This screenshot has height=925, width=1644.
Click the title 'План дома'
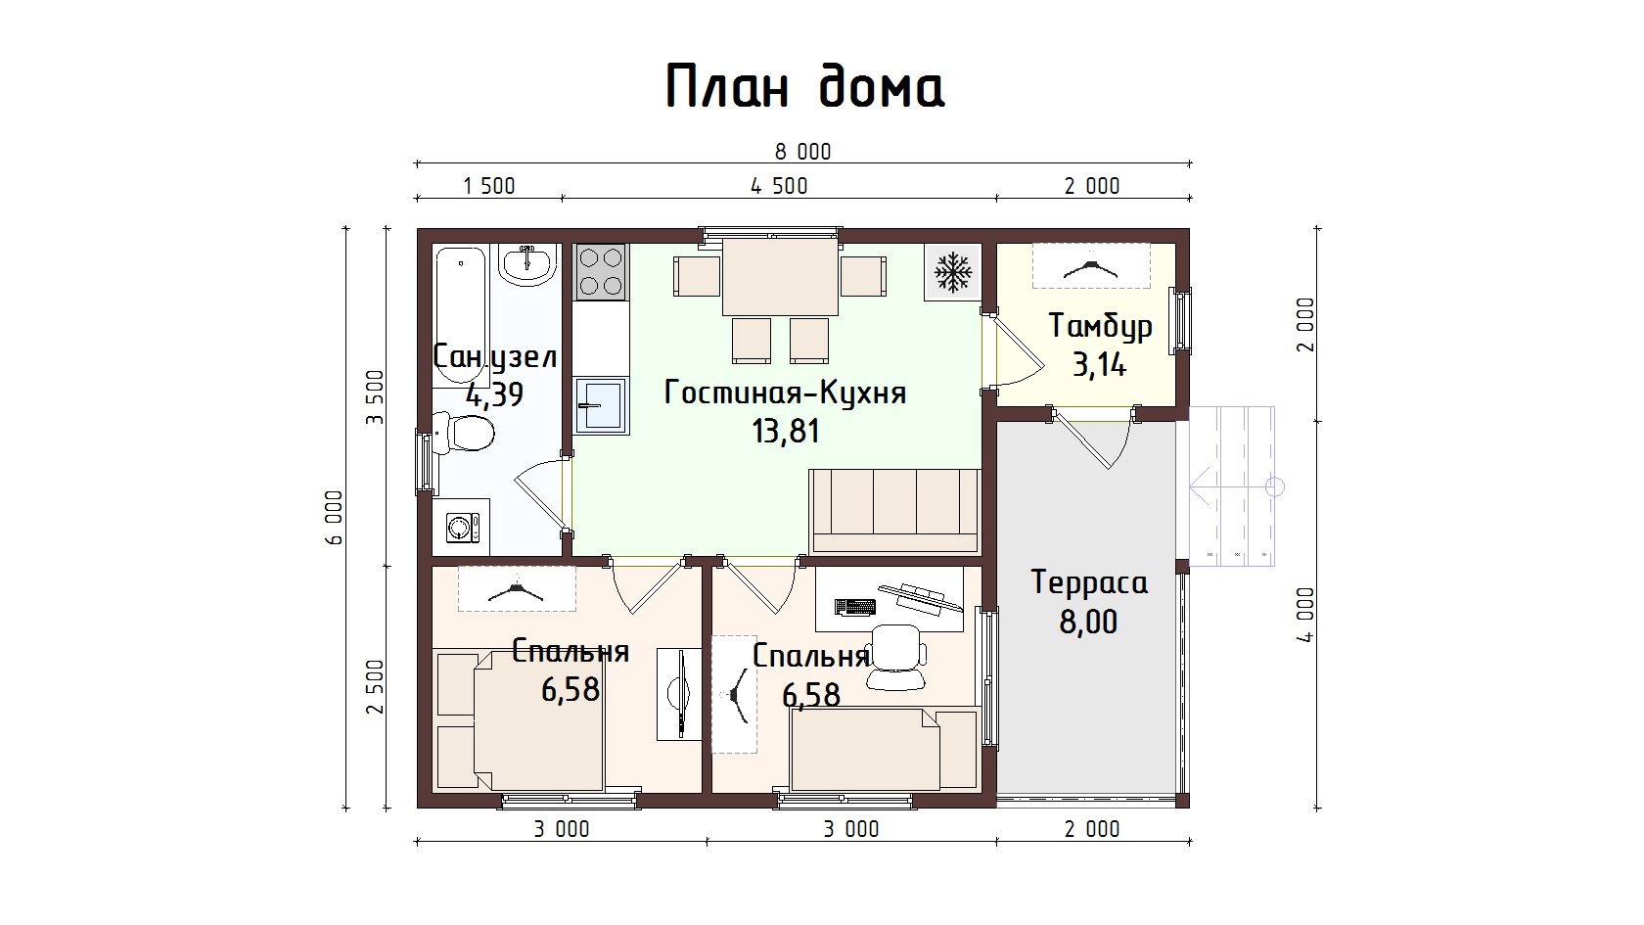click(x=804, y=86)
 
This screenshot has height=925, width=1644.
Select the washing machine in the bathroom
click(x=462, y=527)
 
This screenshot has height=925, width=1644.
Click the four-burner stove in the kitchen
click(x=601, y=272)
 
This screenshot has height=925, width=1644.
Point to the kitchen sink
click(x=601, y=405)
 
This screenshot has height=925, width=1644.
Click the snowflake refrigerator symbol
click(x=953, y=272)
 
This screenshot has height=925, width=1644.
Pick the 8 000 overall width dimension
click(x=802, y=152)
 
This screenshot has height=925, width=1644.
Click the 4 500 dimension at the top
click(x=779, y=186)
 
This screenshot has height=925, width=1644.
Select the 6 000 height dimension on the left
click(x=334, y=518)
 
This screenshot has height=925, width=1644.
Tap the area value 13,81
click(x=785, y=431)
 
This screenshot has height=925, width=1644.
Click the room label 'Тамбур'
click(x=1100, y=327)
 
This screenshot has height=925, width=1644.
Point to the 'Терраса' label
click(x=1089, y=582)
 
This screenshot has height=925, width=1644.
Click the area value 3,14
click(x=1100, y=365)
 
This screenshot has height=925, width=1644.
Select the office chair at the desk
click(x=895, y=657)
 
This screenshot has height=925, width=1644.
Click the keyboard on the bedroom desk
click(x=855, y=607)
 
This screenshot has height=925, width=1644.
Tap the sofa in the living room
click(x=895, y=511)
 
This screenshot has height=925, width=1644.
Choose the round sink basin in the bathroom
click(x=526, y=264)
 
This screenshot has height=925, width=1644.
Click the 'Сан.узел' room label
click(x=495, y=356)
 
